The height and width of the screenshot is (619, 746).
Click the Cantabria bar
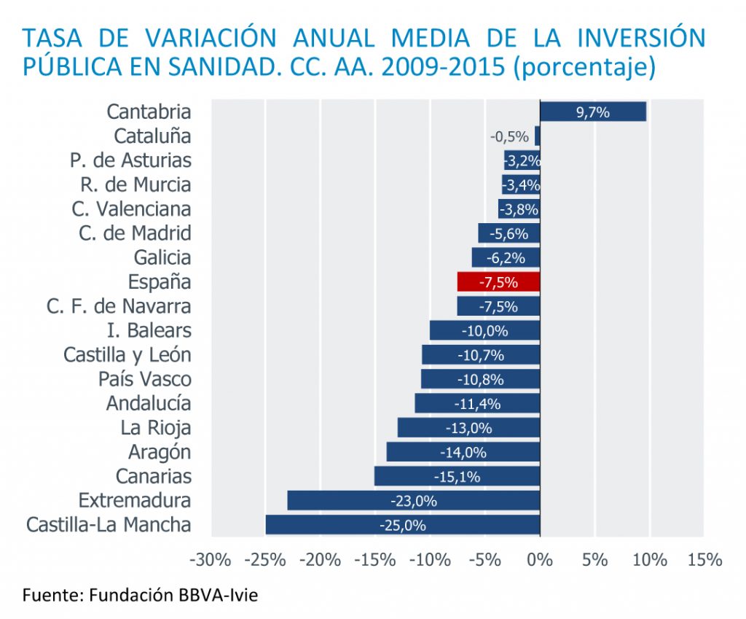coord(593,112)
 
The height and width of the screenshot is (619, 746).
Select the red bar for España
coord(498,282)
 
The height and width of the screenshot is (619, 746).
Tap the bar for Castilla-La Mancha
coord(403,525)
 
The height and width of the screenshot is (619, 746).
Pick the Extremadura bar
coord(413,501)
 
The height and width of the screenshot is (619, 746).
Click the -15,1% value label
coord(457,477)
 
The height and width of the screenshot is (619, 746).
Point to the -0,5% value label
coord(510,136)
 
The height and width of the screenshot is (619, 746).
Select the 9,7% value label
coord(592,112)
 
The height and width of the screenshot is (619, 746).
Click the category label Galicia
coord(162,257)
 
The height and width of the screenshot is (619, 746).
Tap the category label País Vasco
coord(145,379)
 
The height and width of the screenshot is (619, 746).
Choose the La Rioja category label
coord(156,427)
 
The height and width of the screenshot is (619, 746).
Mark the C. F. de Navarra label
coord(119,306)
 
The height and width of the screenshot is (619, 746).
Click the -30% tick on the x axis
coord(210,561)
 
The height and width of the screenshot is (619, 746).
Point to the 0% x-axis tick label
coord(540,561)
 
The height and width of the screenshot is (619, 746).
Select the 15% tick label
coord(704,561)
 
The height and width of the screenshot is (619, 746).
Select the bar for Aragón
coord(463,452)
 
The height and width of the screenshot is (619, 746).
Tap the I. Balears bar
coord(484,330)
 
